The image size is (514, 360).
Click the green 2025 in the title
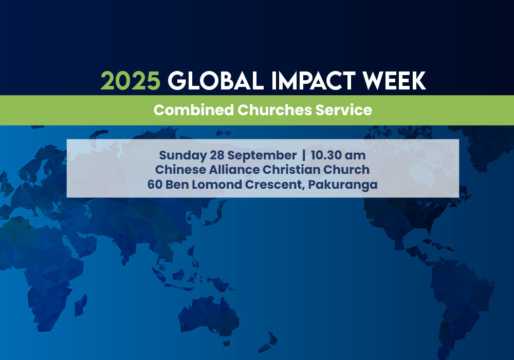(130, 81)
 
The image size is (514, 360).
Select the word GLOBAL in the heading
(216, 81)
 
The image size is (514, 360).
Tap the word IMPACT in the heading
(314, 81)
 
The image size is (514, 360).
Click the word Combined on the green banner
(193, 110)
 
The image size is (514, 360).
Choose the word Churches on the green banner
(274, 110)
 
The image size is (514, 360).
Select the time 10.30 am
(338, 155)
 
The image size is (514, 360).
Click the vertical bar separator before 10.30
(304, 155)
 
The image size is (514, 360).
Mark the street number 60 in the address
(155, 185)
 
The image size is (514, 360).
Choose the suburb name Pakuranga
(343, 185)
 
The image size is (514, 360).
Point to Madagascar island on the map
(81, 305)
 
